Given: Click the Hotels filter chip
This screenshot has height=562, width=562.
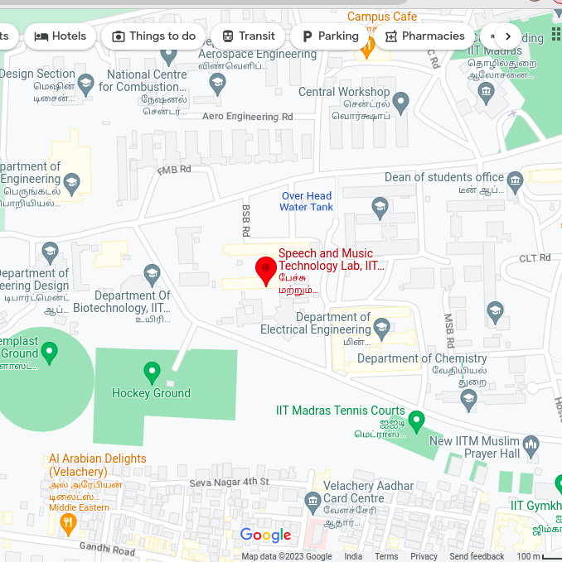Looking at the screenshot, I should click(60, 36).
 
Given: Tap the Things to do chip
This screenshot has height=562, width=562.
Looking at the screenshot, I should click(153, 36).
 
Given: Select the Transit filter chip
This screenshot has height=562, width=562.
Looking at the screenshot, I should click(248, 36).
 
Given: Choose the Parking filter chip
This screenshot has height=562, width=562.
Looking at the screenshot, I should click(329, 36).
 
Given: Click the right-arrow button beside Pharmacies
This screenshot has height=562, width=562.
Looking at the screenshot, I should click(507, 36).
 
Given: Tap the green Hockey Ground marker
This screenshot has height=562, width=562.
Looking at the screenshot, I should click(152, 372).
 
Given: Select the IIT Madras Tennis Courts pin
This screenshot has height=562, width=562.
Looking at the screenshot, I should click(417, 420).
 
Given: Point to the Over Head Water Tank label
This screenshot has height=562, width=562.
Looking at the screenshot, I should click(306, 202).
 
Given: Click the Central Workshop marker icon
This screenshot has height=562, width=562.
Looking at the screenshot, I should click(401, 103).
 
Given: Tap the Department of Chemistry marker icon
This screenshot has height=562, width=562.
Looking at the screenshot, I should click(468, 401).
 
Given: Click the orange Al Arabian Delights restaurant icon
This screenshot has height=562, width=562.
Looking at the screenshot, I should click(68, 523).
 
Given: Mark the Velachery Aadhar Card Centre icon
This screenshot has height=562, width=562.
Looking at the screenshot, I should click(312, 502).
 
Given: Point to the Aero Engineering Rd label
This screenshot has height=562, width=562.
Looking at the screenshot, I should click(247, 117).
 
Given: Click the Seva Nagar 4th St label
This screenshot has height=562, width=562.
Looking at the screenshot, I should click(229, 482).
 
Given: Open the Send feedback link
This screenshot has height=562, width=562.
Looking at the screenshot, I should click(477, 556).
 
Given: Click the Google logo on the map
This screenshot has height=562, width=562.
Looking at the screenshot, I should click(265, 536).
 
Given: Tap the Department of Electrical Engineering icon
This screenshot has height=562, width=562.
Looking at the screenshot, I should click(381, 329).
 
